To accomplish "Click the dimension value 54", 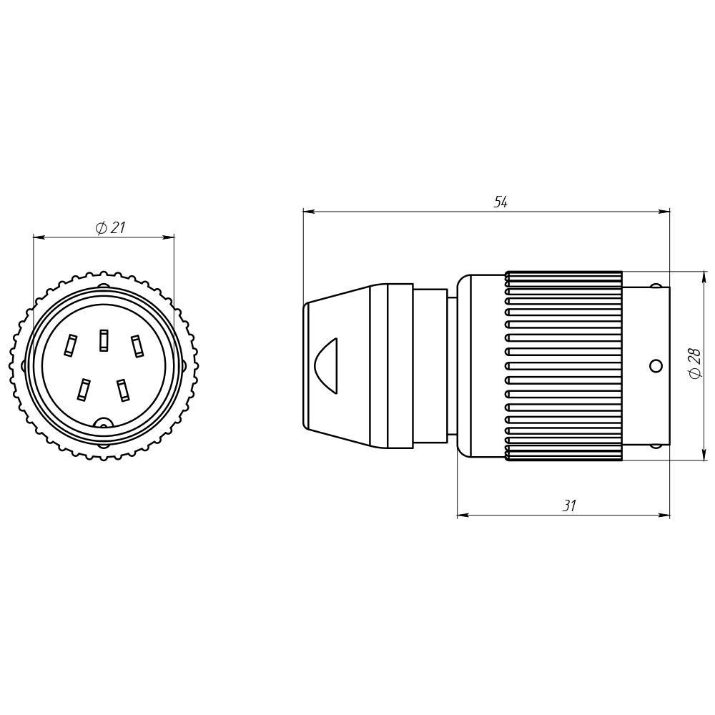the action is coord(500,202).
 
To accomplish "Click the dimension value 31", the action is coord(568,506).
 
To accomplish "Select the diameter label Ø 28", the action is coord(694,363).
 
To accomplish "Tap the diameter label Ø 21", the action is coord(110,227).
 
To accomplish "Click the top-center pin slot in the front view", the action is coord(104,340).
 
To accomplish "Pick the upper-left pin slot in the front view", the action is coord(71,345).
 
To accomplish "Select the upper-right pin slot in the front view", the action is coord(137,345).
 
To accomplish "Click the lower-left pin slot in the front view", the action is coord(83,390).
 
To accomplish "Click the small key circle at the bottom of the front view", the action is coord(104,423).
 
